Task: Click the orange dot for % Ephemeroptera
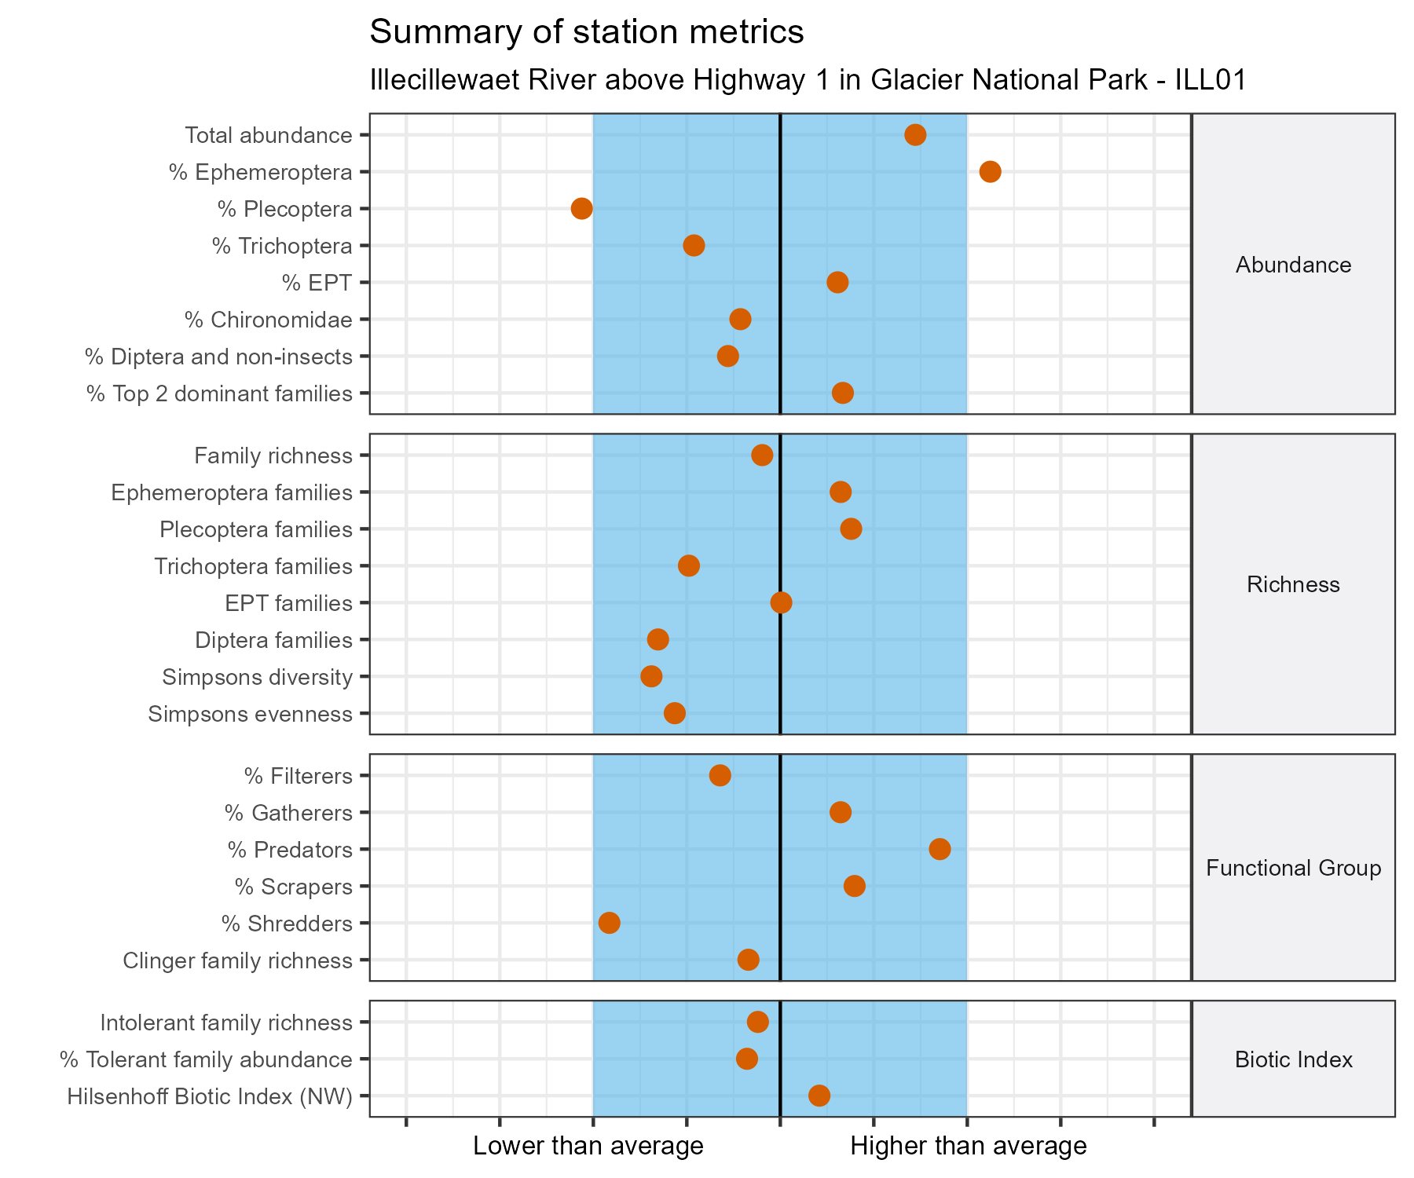pos(990,172)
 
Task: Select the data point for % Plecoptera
pos(581,209)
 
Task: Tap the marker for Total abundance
pos(915,135)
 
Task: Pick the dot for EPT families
pos(781,603)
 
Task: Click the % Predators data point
pos(940,849)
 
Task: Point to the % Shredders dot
pos(609,923)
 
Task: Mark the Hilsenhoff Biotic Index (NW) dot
pos(819,1096)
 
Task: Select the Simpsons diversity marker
pos(651,676)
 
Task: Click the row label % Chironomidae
pos(268,320)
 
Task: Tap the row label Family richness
pos(273,455)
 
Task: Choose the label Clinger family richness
pos(237,960)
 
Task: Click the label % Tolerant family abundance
pos(206,1059)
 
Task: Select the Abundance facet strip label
pos(1293,265)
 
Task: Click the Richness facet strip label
pos(1293,584)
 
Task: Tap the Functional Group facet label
pos(1293,868)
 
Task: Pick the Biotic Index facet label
pos(1293,1059)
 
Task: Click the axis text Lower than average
pos(588,1146)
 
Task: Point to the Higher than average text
pos(968,1146)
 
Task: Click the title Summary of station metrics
pos(586,32)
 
